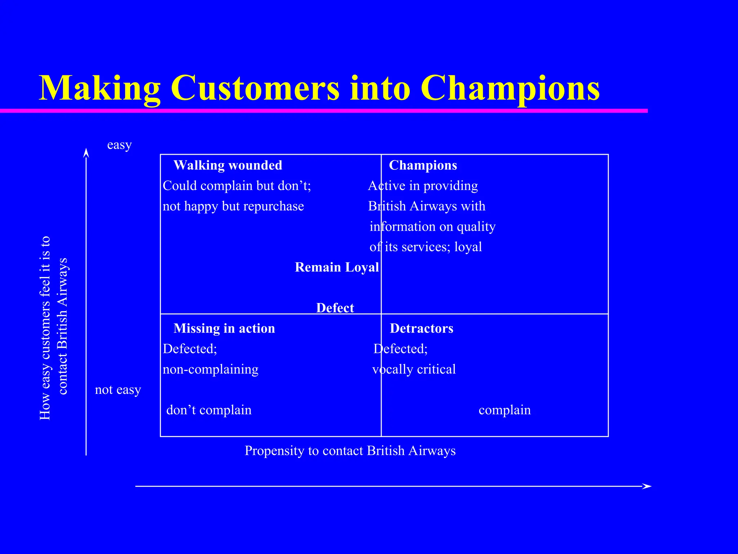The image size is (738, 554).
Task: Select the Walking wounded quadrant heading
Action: point(228,165)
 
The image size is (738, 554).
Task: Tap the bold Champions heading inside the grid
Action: point(423,165)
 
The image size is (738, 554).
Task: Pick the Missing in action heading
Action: point(224,328)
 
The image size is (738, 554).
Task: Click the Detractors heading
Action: point(421,328)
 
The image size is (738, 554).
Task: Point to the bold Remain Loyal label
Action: point(337,267)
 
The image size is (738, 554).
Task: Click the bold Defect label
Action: point(335,308)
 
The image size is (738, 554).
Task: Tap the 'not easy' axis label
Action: point(118,390)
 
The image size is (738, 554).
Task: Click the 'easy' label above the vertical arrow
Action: point(119,145)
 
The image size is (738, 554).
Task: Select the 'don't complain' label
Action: point(209,410)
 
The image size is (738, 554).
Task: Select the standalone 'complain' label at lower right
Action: point(504,410)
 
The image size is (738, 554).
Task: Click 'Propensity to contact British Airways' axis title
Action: point(350,451)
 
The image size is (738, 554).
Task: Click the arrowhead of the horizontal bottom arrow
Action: point(647,486)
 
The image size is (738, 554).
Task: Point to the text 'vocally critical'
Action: point(414,369)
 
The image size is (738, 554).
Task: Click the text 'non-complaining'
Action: point(210,369)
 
